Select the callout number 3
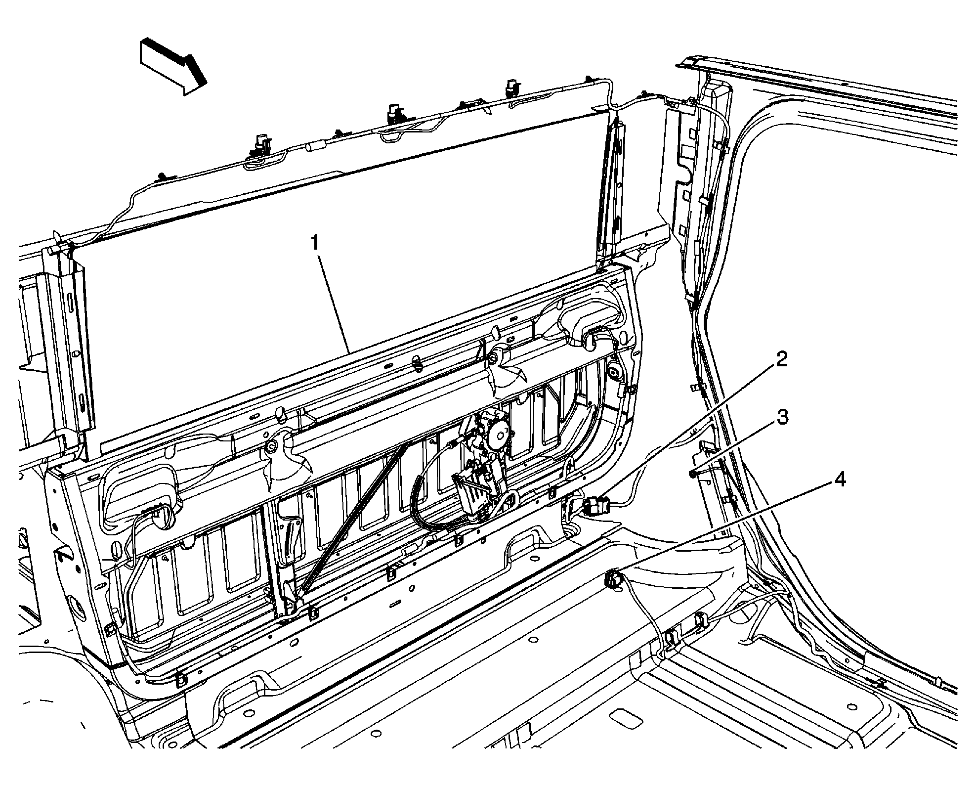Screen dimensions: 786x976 [781, 418]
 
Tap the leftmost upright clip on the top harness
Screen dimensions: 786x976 [258, 144]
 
